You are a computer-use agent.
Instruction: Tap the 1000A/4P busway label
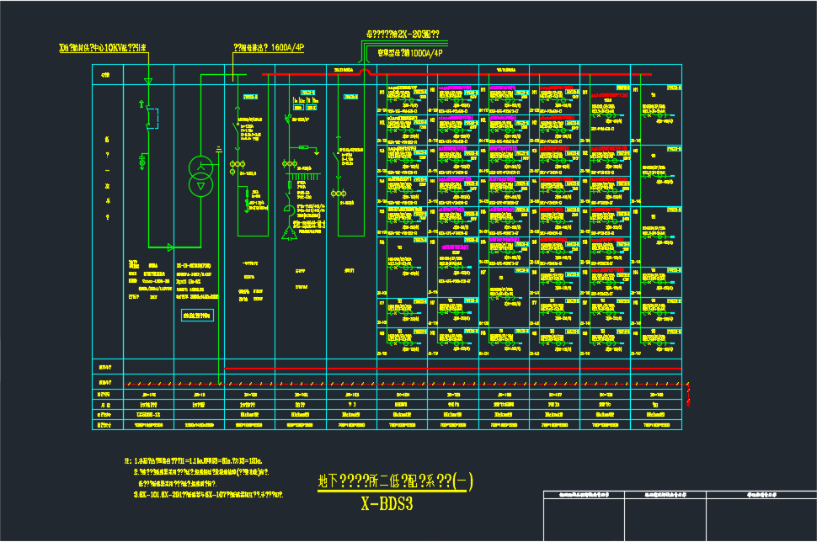(410, 53)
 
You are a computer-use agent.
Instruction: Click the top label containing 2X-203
(402, 35)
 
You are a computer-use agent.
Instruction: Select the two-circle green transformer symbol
(200, 176)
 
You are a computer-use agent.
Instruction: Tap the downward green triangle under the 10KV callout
(148, 81)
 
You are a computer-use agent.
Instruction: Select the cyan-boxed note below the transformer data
(199, 316)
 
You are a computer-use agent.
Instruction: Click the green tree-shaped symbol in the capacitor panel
(291, 227)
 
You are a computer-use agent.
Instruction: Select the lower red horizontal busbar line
(455, 369)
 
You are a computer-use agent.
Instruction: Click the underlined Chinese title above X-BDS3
(395, 481)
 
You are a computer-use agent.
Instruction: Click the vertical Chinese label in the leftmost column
(107, 178)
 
